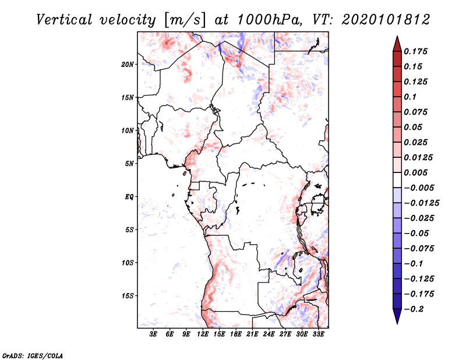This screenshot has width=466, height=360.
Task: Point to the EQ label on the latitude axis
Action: click(129, 197)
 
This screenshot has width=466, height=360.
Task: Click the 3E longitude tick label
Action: click(154, 334)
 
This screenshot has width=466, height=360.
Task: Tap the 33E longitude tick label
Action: click(319, 334)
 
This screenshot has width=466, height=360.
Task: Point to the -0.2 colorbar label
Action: click(414, 309)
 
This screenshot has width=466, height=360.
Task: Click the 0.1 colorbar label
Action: click(411, 97)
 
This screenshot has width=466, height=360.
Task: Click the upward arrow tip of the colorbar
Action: click(397, 38)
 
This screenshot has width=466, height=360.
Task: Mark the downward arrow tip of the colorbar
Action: click(397, 322)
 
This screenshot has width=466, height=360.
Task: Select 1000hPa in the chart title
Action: click(267, 19)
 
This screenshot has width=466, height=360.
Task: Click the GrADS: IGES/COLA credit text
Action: click(25, 355)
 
